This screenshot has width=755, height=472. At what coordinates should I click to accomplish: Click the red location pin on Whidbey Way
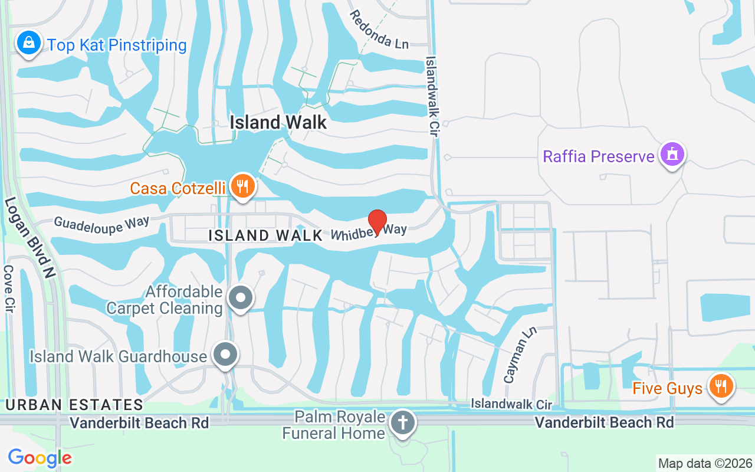377,221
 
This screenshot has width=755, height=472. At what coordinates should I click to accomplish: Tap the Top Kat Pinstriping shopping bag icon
28,43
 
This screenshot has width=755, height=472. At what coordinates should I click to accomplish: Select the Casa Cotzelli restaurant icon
242,186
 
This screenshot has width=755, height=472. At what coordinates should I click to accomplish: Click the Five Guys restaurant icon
720,387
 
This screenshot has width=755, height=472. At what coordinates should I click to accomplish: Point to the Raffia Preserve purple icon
672,155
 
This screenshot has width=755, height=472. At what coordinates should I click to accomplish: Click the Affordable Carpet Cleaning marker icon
240,299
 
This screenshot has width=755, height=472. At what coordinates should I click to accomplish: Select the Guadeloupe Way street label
101,223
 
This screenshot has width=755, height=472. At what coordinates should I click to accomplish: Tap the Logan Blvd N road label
29,237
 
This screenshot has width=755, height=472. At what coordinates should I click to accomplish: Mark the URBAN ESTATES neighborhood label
74,405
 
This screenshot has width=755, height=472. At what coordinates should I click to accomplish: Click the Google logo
40,458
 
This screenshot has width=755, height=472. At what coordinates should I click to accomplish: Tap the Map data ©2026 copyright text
705,464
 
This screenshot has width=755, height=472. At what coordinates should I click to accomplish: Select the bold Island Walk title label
278,122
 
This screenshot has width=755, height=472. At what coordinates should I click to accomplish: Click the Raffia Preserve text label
599,156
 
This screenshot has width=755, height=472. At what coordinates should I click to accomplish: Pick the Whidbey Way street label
369,231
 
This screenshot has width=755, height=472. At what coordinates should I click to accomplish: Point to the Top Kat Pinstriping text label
117,45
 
